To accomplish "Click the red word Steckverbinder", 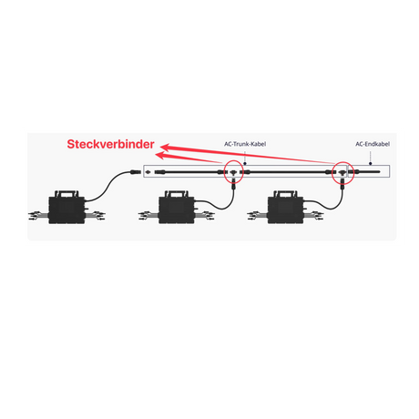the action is (x=110, y=144).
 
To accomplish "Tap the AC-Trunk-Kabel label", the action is (x=245, y=144).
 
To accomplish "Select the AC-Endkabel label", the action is (x=373, y=144).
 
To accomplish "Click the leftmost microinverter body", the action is (x=66, y=210).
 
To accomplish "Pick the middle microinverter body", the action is (x=177, y=210).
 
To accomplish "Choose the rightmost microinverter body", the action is (x=285, y=210).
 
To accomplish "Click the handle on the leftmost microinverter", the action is (x=66, y=193).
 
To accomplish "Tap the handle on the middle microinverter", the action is (x=177, y=193).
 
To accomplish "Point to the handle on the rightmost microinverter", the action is (x=285, y=193).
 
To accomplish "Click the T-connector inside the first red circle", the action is (x=233, y=173).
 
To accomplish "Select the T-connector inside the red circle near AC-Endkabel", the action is (x=342, y=173).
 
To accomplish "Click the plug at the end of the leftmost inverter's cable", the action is (x=136, y=172).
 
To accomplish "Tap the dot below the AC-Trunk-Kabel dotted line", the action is (x=245, y=164).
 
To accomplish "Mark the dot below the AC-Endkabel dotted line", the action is (x=371, y=164).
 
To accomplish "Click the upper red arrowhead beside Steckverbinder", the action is (x=165, y=148).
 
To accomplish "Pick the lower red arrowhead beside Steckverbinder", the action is (x=159, y=156).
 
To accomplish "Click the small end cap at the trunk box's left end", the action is (x=148, y=172).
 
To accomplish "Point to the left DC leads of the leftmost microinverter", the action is (x=38, y=215).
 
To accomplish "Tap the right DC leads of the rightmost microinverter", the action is (x=313, y=215).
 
